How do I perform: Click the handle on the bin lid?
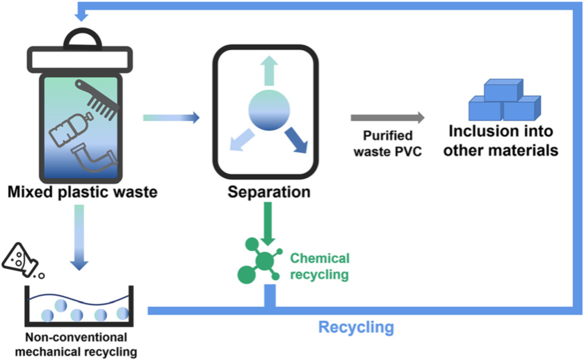pyautogui.click(x=78, y=35)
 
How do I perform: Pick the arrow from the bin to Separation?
pyautogui.click(x=171, y=118)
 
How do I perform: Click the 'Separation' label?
pyautogui.click(x=269, y=192)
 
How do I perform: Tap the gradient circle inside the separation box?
pyautogui.click(x=269, y=112)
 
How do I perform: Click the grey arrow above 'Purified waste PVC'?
pyautogui.click(x=387, y=118)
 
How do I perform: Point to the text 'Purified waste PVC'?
pyautogui.click(x=387, y=142)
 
